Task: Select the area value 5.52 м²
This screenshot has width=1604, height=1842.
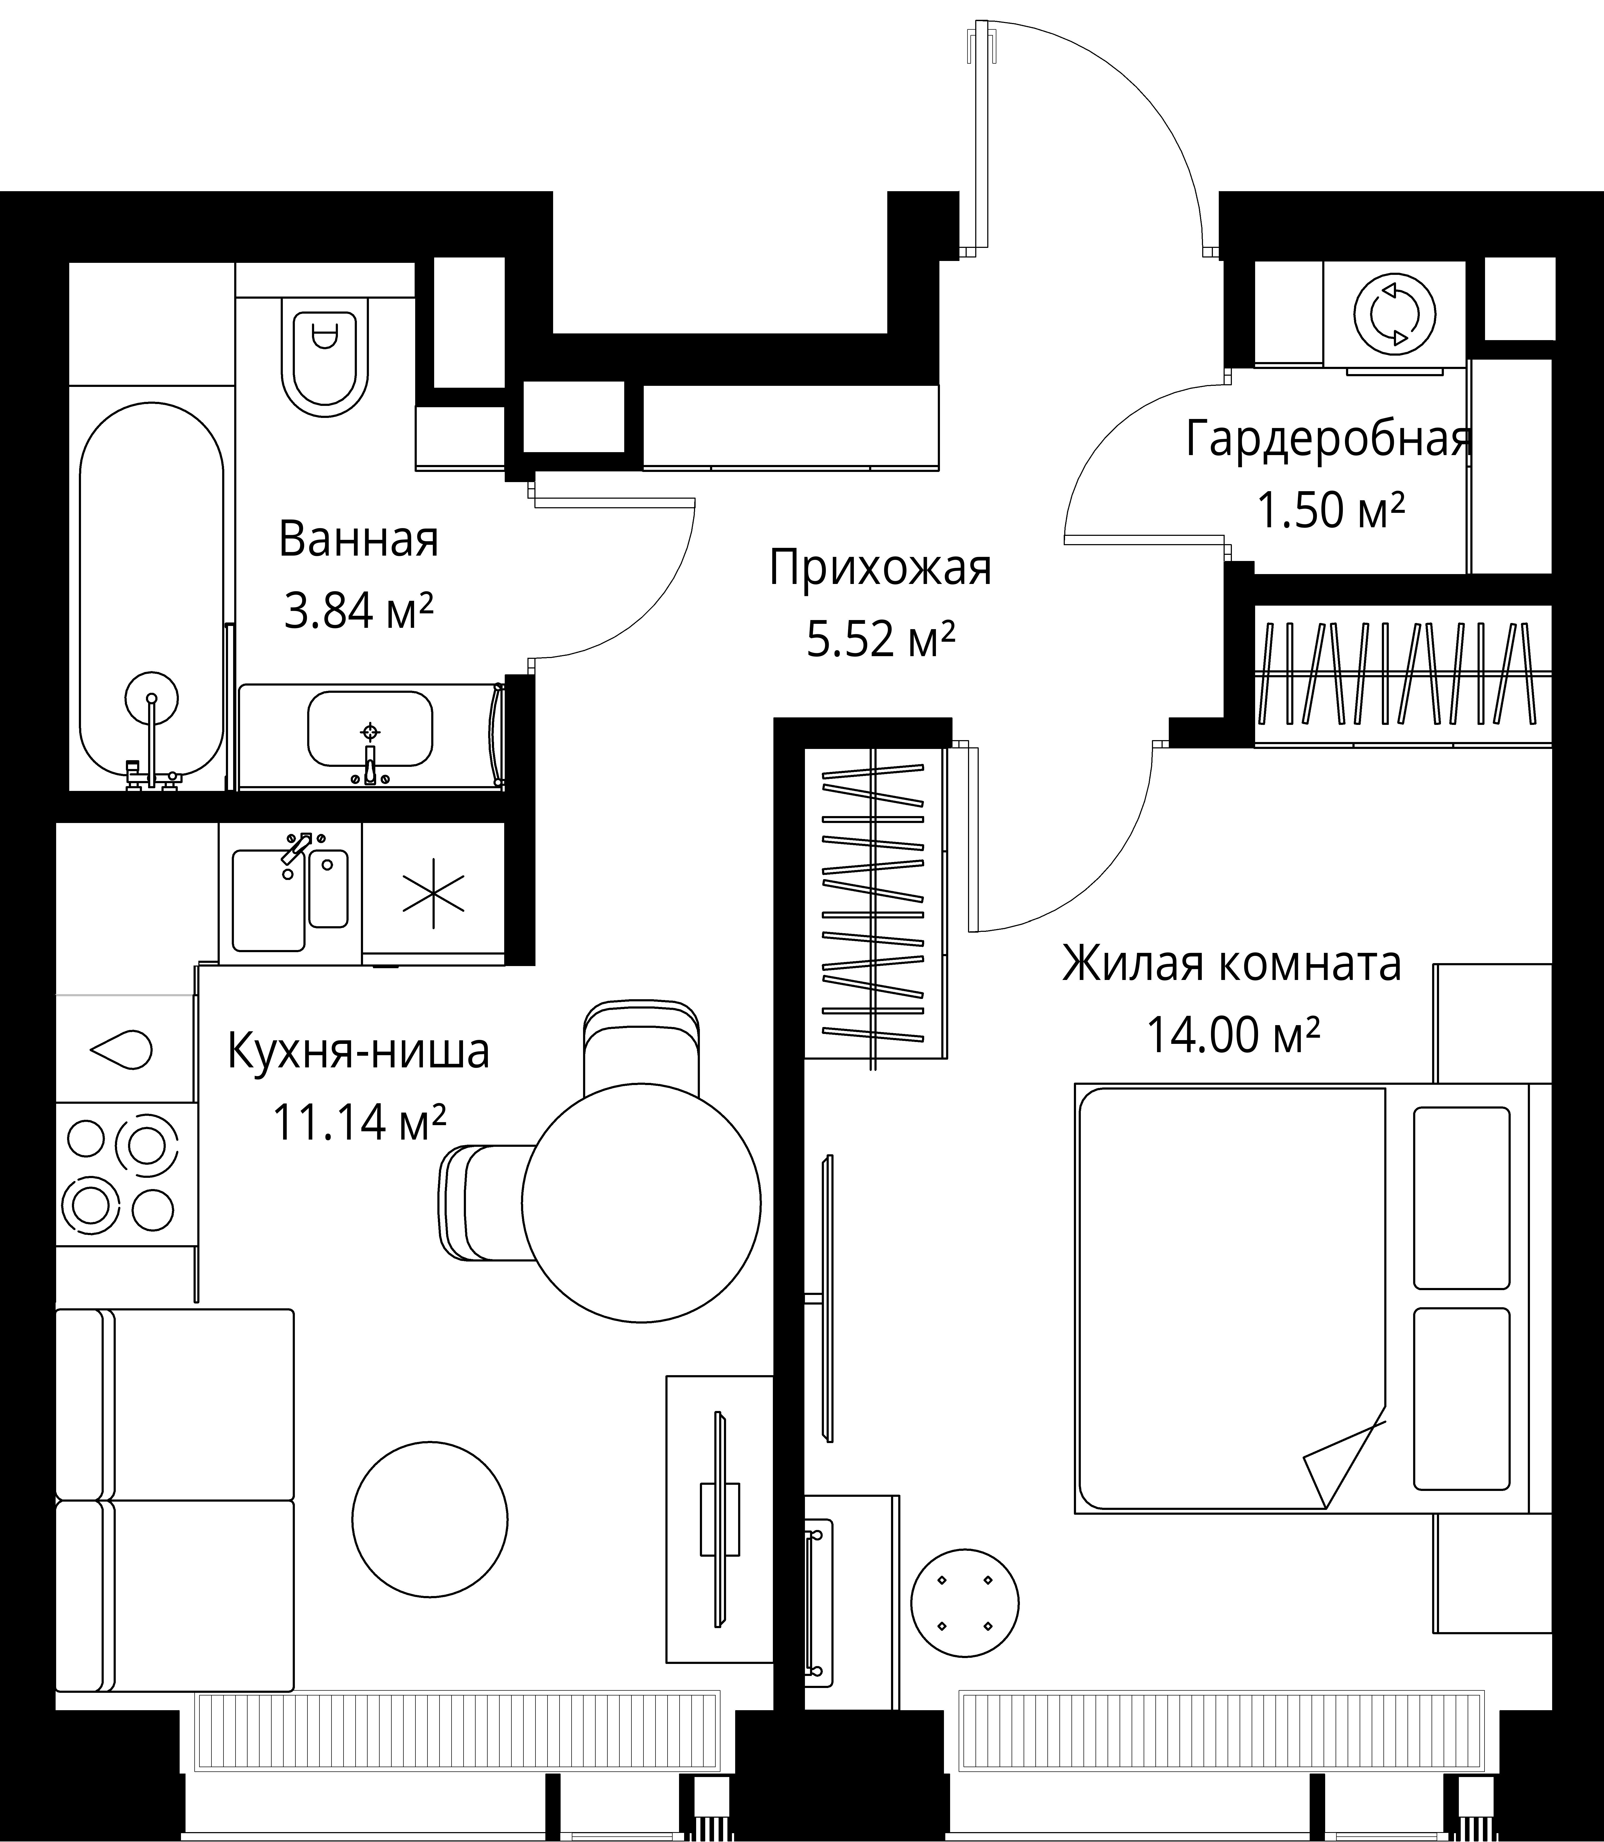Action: [880, 639]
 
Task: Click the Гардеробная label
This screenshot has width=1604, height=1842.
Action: [1328, 440]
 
